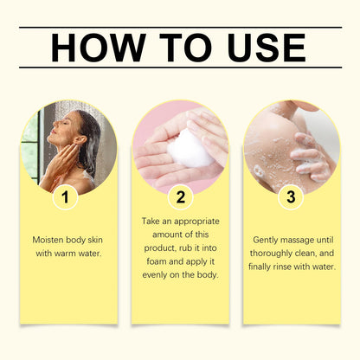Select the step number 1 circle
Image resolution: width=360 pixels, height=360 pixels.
(x=63, y=196)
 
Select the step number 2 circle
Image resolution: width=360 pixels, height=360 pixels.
(x=179, y=196)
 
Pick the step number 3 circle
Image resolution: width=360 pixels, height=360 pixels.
(x=291, y=196)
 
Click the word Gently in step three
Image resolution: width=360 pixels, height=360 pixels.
(x=267, y=239)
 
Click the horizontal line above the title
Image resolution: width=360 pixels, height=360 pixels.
(x=180, y=28)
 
